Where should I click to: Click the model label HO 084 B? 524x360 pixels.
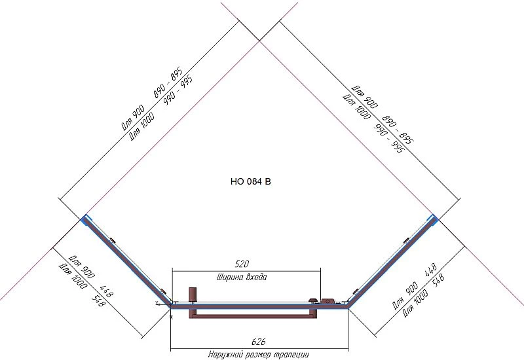[251, 182]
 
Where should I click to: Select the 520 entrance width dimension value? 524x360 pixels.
[242, 264]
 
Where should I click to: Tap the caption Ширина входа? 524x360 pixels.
[242, 277]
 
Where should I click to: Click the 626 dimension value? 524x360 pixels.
[258, 342]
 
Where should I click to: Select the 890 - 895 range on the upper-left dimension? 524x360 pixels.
[168, 82]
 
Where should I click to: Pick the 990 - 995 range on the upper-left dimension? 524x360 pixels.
[178, 90]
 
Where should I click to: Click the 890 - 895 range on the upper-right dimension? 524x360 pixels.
[398, 129]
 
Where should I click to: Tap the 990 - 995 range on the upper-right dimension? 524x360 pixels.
[388, 138]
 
